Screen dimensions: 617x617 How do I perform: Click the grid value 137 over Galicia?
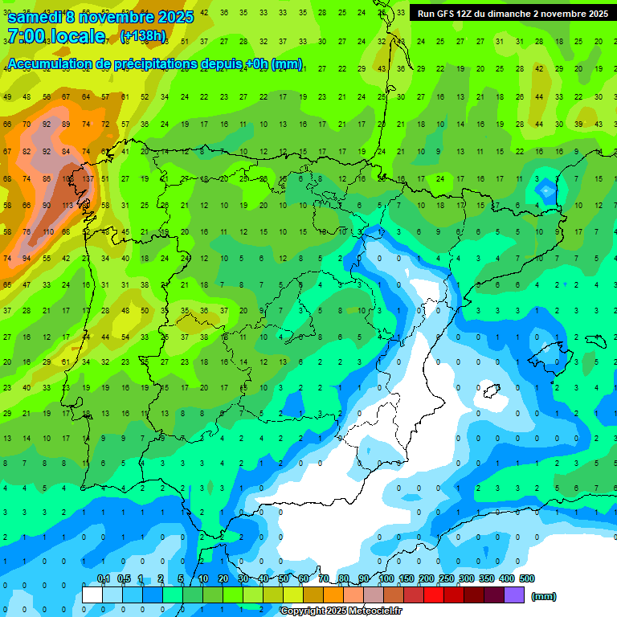[x=87, y=179]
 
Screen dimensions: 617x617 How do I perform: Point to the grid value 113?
[x=67, y=206]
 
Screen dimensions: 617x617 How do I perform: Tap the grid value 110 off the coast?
[x=47, y=232]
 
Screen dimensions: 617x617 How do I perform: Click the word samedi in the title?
[x=35, y=16]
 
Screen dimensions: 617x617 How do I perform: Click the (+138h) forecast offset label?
[x=142, y=36]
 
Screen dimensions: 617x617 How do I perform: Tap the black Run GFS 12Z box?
[x=512, y=14]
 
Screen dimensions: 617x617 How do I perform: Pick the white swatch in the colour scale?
[x=92, y=595]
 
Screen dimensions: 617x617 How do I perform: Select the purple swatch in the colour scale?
[x=514, y=595]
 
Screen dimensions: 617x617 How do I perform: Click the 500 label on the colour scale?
[x=526, y=578]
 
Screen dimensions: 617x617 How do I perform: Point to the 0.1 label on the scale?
[x=103, y=578]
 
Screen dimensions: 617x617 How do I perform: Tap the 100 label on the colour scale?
[x=386, y=578]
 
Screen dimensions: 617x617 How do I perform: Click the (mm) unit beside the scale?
[x=544, y=596]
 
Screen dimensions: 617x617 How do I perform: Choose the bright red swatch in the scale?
[x=434, y=595]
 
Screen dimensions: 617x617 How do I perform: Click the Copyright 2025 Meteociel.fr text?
[x=341, y=611]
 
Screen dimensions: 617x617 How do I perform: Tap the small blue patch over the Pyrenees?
[x=546, y=191]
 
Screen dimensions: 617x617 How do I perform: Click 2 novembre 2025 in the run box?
[x=570, y=14]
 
